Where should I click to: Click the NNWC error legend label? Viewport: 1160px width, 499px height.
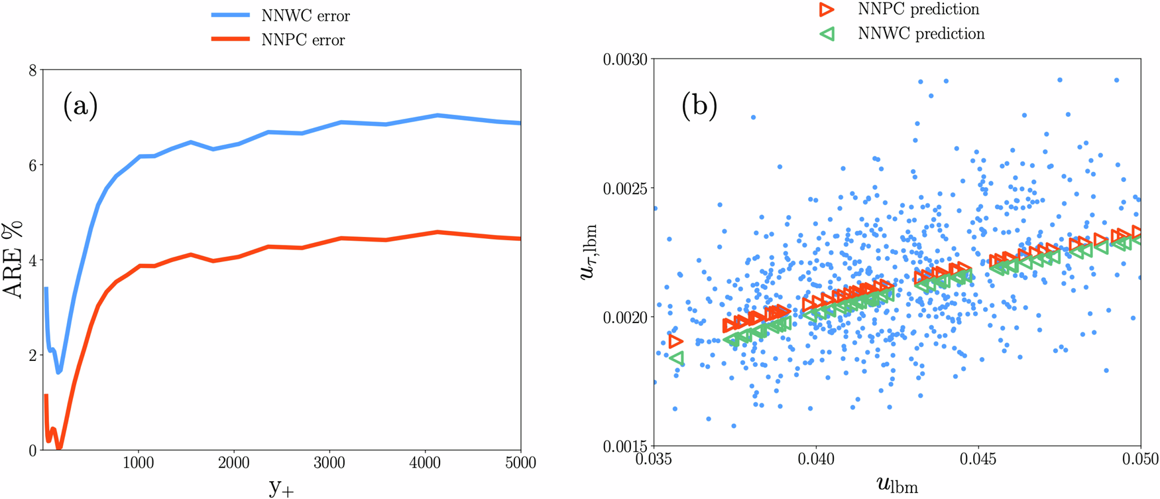[306, 15]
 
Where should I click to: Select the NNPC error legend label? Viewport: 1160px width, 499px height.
[303, 40]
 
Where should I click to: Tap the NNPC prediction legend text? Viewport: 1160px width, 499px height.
[918, 9]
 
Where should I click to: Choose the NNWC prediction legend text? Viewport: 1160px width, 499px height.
[921, 34]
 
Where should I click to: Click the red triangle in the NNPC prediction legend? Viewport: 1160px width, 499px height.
[827, 9]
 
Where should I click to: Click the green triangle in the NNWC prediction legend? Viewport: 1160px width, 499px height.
[827, 34]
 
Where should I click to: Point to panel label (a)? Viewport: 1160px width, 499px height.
[80, 106]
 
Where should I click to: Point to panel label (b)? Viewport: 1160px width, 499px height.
[699, 106]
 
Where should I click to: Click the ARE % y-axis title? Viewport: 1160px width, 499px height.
[13, 260]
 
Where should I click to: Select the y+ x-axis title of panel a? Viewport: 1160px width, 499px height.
[281, 487]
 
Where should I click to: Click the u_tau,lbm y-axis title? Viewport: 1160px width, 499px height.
[589, 252]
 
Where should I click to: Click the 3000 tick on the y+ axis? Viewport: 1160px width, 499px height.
[329, 463]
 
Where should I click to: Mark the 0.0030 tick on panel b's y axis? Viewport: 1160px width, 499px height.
[625, 59]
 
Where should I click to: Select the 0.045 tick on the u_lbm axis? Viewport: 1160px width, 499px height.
[978, 459]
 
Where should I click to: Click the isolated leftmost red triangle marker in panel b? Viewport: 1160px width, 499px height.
[675, 342]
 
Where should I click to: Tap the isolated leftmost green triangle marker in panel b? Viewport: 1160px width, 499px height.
[676, 358]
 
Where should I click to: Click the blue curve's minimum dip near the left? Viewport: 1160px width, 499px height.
[58, 371]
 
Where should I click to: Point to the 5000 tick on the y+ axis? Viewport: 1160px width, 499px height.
[520, 463]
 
